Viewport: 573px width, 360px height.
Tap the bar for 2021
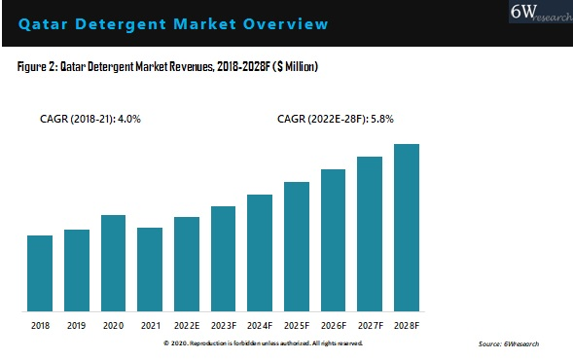pos(150,269)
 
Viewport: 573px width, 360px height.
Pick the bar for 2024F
pos(260,252)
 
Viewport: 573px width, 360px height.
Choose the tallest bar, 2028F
pos(406,227)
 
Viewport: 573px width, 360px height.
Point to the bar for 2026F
pos(333,239)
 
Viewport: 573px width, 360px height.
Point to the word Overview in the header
pos(286,22)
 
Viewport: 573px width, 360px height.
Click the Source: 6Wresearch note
pos(509,344)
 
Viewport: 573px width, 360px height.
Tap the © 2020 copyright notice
pos(263,343)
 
